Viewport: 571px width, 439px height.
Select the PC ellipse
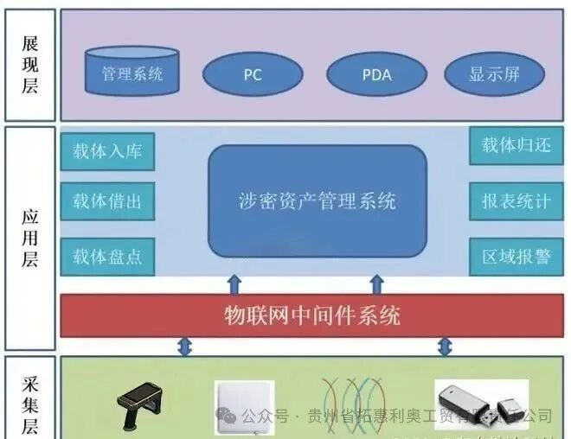252,74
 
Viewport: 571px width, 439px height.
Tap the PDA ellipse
375,74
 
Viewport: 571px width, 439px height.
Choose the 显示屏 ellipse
494,74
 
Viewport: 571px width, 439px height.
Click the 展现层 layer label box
30,66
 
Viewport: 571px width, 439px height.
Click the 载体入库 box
107,152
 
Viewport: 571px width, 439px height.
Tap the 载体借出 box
107,202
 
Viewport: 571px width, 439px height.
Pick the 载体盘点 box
107,257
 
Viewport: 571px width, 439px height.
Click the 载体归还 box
516,145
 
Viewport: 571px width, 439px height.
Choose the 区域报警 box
516,257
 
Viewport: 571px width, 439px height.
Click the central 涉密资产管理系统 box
318,201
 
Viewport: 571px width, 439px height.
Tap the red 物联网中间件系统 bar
311,315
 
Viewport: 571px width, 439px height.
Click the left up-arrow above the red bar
234,284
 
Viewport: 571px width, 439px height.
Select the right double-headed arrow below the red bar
445,347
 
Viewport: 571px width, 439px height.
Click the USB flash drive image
481,406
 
